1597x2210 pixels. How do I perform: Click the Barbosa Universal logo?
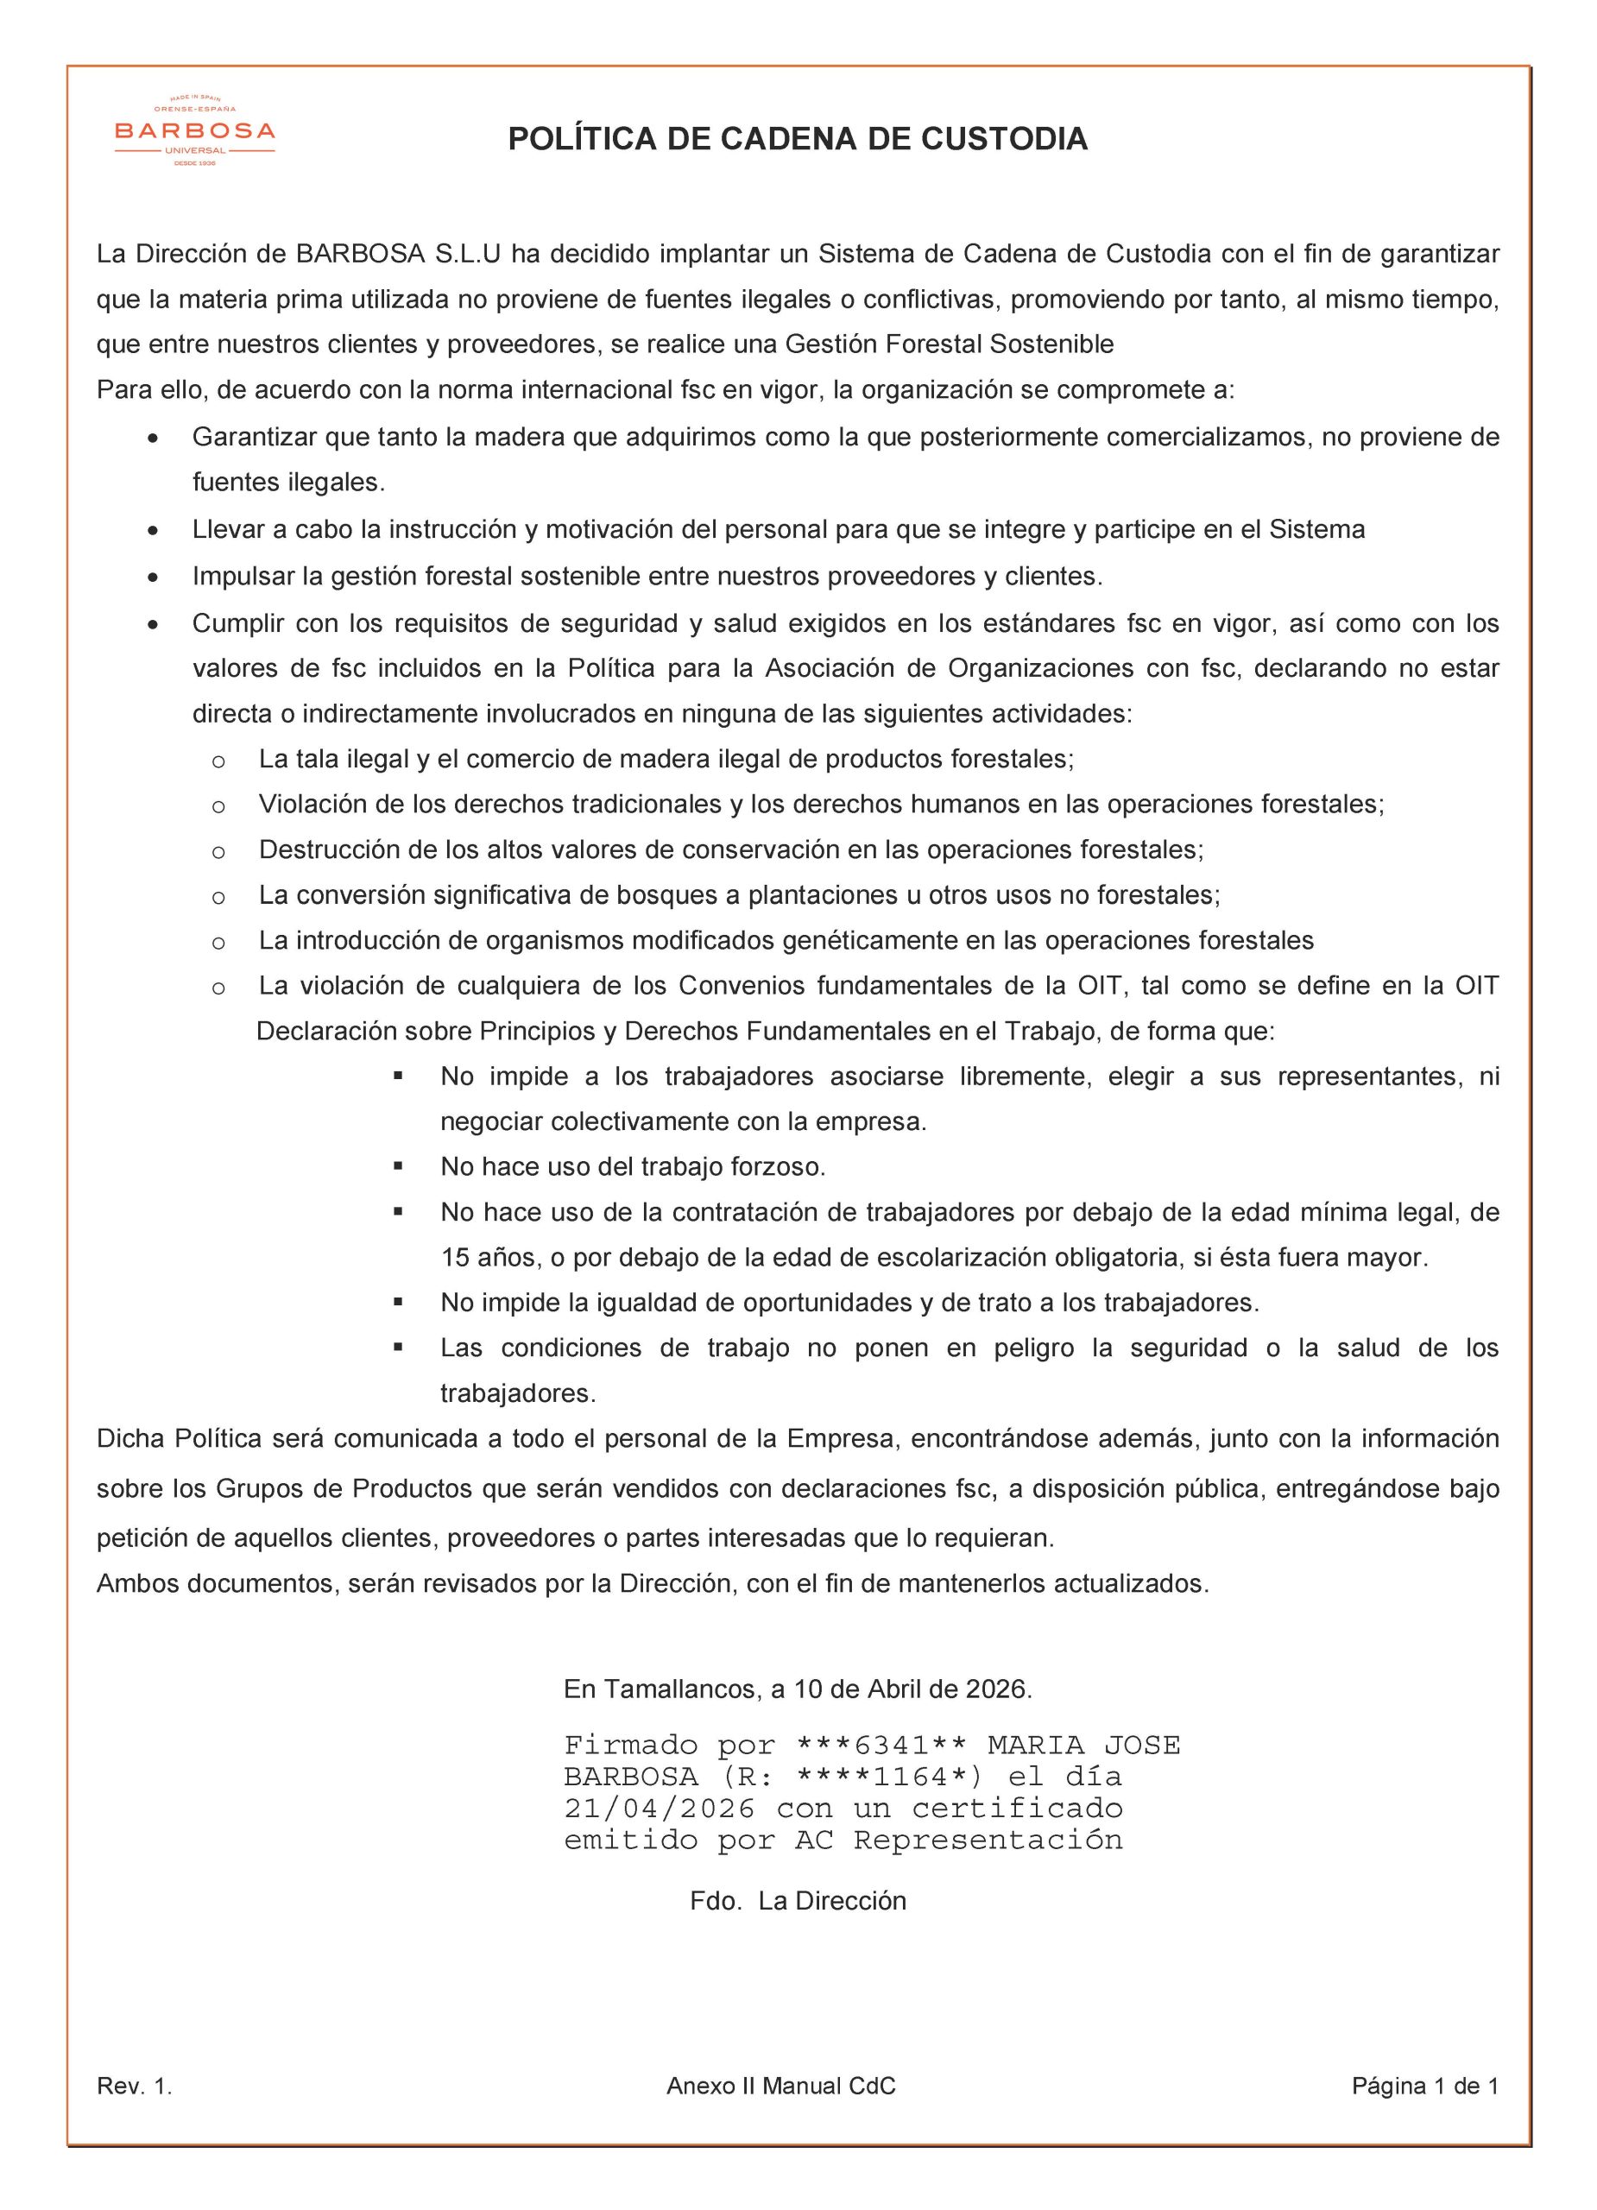(x=195, y=130)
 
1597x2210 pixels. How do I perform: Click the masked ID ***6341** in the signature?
(x=881, y=1746)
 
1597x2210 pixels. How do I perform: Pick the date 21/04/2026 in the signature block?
(x=660, y=1809)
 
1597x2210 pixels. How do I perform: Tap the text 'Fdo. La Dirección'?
(x=797, y=1901)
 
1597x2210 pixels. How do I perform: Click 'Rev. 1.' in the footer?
(x=135, y=2087)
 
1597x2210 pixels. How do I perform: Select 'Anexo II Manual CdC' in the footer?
(x=780, y=2087)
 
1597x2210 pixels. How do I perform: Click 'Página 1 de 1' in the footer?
(x=1424, y=2087)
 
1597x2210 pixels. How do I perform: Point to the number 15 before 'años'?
(x=455, y=1258)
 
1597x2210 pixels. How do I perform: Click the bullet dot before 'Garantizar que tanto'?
(x=152, y=439)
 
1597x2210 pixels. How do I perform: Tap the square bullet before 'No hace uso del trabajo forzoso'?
(x=399, y=1165)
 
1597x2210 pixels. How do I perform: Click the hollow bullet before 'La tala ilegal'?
(x=218, y=761)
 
